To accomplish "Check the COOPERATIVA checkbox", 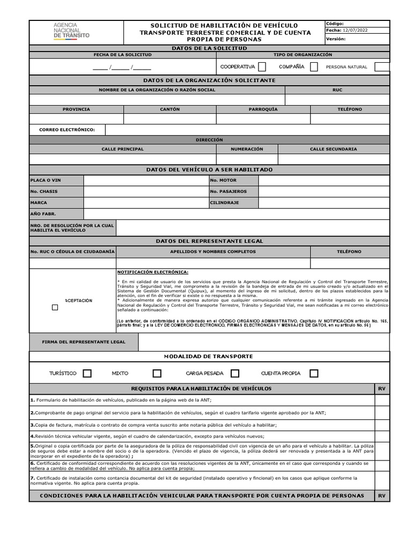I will (262, 67).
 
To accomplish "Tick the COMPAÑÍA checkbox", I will (314, 67).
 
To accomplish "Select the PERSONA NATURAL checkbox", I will (382, 67).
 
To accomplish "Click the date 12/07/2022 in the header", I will (357, 31).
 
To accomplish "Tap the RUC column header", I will (337, 90).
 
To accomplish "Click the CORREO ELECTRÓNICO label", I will (67, 130).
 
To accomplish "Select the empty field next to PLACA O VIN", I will (146, 180).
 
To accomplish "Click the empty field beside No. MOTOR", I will (324, 180).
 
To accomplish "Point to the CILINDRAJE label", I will (225, 203).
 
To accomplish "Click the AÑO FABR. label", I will (43, 214).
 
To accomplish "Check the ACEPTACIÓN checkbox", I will (55, 308).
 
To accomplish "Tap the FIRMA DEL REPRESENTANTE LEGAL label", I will (84, 342).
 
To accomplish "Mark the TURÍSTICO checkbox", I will (87, 374).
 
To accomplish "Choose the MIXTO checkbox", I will (157, 374).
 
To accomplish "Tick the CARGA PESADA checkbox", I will (234, 374).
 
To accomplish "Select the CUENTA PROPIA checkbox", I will (314, 374).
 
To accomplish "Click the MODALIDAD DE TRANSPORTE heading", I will (208, 356).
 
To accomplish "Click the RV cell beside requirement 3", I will (382, 424).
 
